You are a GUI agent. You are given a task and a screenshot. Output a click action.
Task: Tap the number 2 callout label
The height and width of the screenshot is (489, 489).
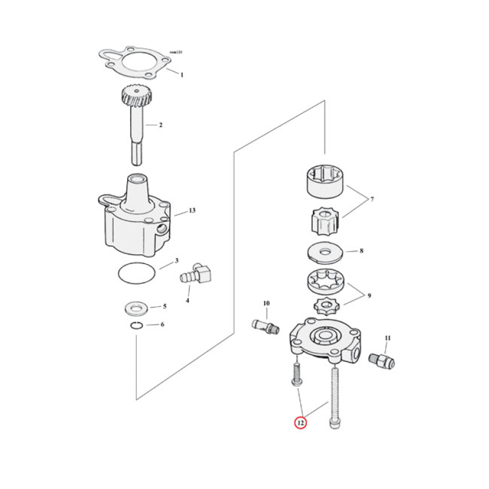coord(161,125)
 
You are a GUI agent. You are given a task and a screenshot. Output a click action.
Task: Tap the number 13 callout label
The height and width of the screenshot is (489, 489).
coord(191,211)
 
